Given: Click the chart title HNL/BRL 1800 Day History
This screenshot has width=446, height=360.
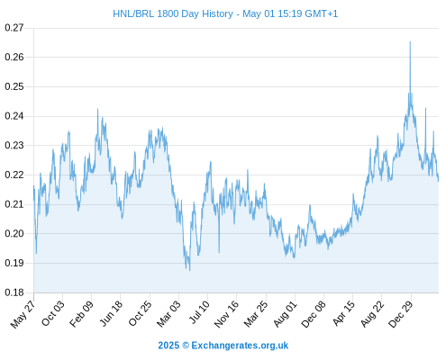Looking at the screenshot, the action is [173, 13].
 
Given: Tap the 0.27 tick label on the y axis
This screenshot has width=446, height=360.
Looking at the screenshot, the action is [14, 28].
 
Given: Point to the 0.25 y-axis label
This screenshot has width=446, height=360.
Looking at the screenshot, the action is [14, 86].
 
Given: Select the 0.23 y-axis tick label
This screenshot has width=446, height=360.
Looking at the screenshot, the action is [14, 146].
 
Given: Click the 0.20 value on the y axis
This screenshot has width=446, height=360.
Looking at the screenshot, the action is [14, 233].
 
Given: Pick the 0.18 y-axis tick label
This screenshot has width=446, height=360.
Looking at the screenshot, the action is [14, 292].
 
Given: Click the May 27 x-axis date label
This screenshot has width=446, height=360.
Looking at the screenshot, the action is [23, 314].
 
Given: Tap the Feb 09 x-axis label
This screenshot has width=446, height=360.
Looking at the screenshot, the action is [81, 314].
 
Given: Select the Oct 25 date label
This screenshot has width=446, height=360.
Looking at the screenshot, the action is [140, 314].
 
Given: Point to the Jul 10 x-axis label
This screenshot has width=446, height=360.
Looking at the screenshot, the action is [199, 312].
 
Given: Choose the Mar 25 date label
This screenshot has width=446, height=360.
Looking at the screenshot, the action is [256, 314].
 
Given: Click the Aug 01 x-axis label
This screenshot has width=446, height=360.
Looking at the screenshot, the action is [286, 314].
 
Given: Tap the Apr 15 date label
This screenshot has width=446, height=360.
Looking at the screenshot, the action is [344, 313].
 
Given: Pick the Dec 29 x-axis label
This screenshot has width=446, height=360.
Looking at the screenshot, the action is [401, 314].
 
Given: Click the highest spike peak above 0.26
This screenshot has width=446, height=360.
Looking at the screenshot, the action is [410, 41].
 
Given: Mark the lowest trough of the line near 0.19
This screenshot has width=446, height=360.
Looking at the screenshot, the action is [189, 271].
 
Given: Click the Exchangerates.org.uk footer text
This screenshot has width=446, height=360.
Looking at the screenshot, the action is [240, 346].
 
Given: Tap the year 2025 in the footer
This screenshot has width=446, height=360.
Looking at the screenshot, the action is [168, 346].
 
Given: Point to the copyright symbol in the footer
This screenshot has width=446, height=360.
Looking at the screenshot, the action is [186, 346].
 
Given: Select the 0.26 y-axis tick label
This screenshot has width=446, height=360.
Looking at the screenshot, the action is [14, 57].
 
